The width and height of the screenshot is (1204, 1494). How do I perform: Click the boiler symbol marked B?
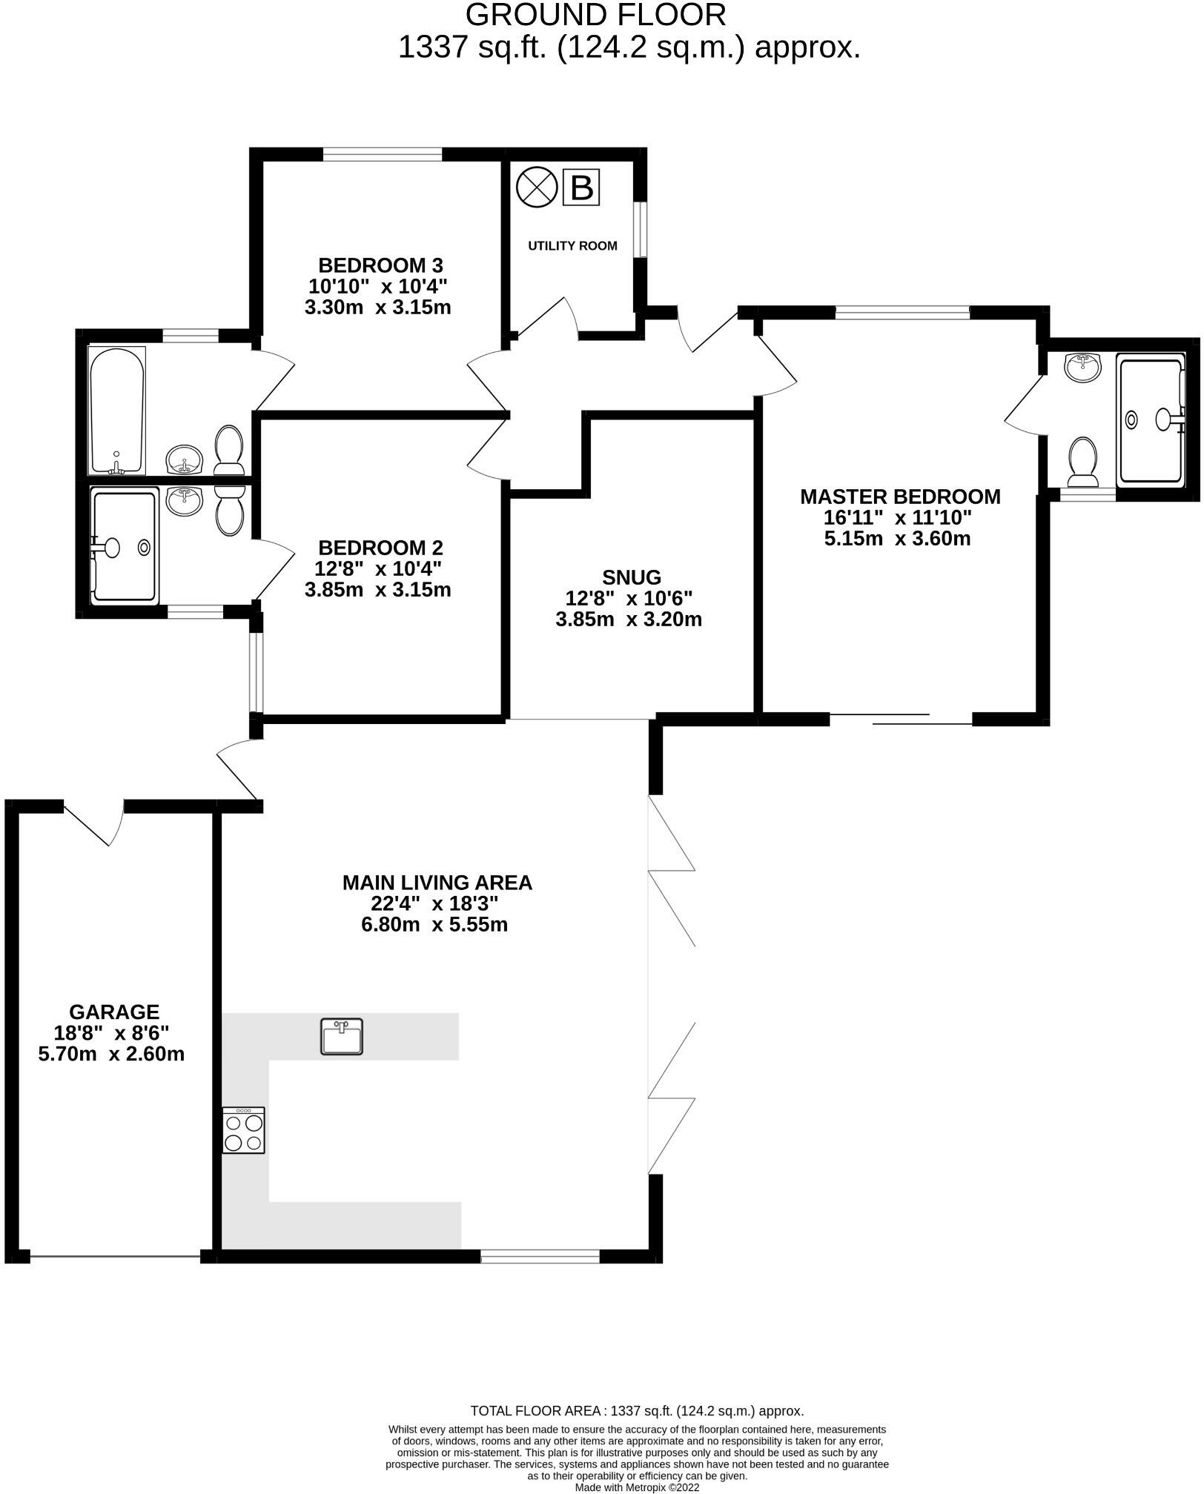(x=581, y=187)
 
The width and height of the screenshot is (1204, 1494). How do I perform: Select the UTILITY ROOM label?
(x=572, y=246)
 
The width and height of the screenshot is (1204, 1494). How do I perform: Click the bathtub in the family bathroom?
(x=117, y=410)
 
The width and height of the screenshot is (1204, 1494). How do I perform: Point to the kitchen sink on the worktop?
(x=342, y=1036)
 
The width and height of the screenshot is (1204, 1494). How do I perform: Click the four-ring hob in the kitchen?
(x=243, y=1130)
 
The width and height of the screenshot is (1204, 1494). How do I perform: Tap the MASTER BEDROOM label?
(x=900, y=497)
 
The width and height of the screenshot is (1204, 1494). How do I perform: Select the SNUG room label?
(x=632, y=577)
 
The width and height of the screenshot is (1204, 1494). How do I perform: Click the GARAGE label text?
(x=114, y=1012)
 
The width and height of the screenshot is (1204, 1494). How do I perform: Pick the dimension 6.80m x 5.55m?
(x=434, y=925)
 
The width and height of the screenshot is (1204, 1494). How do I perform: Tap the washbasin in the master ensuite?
(x=1083, y=367)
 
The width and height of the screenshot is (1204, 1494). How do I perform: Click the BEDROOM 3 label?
(x=380, y=265)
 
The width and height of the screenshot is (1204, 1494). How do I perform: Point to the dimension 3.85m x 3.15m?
(x=377, y=590)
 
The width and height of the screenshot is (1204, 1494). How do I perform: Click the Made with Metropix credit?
(x=637, y=1487)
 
